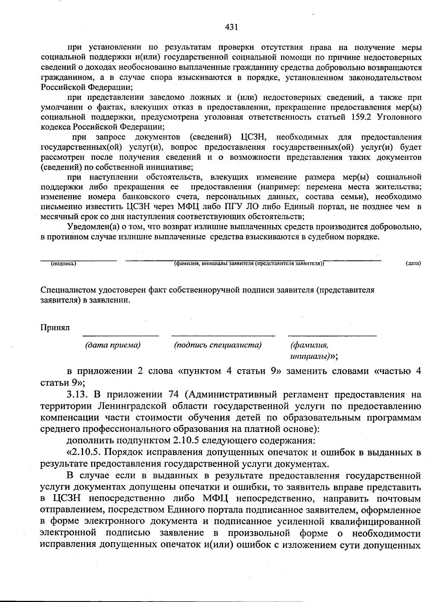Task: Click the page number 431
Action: click(x=231, y=27)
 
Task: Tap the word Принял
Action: click(x=55, y=328)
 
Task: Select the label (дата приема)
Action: click(x=113, y=345)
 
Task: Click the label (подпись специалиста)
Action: click(x=218, y=345)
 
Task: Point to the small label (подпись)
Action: click(x=64, y=263)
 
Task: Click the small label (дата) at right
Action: click(x=413, y=263)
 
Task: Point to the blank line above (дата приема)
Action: click(x=120, y=336)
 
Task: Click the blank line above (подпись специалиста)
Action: click(x=223, y=336)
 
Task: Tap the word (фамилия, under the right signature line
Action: click(x=309, y=345)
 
